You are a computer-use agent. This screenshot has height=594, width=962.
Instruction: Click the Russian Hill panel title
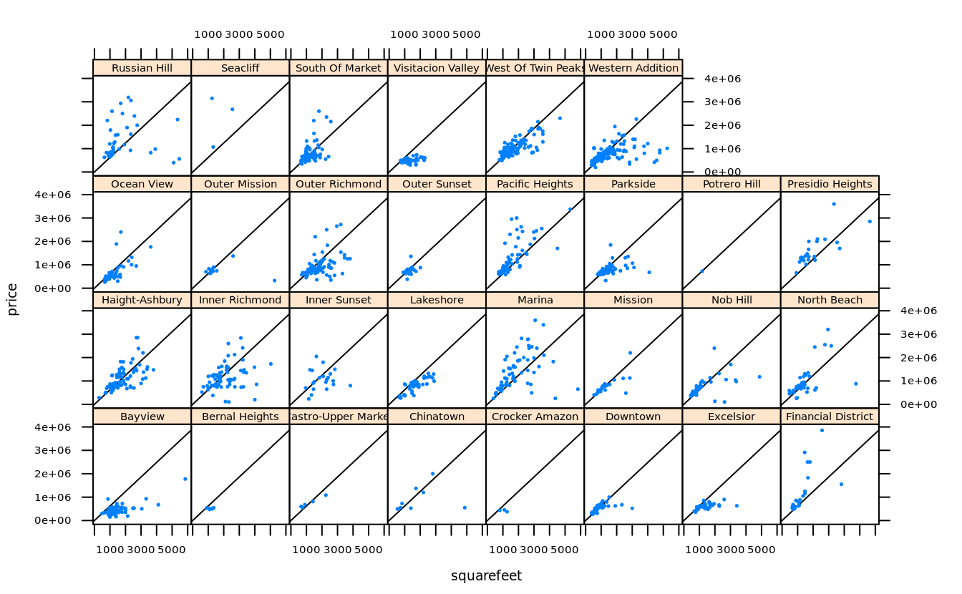142,68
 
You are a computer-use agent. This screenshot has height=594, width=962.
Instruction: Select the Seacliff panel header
240,68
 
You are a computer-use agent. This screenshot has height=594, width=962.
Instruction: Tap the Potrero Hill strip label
731,184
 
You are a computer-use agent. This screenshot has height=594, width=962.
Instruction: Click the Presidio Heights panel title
830,184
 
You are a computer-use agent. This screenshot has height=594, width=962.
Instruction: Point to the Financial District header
830,417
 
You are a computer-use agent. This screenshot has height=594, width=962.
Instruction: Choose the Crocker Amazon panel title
535,417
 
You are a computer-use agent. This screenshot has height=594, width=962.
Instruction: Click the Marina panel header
535,300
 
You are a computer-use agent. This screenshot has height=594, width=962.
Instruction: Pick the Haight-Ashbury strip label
142,300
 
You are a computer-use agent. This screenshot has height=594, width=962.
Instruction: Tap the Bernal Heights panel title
240,417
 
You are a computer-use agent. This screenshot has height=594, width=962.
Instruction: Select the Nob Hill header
731,300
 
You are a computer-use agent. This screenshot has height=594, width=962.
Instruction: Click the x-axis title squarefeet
486,576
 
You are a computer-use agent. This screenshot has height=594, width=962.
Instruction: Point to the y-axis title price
12,300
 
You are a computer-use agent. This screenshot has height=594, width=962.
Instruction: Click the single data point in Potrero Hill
702,271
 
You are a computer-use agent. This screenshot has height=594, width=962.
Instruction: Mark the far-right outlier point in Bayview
185,479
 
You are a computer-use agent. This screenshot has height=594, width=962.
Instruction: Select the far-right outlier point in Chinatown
465,507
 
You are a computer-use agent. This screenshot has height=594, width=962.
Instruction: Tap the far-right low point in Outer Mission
274,280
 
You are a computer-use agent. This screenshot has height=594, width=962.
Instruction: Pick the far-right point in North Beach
855,384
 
